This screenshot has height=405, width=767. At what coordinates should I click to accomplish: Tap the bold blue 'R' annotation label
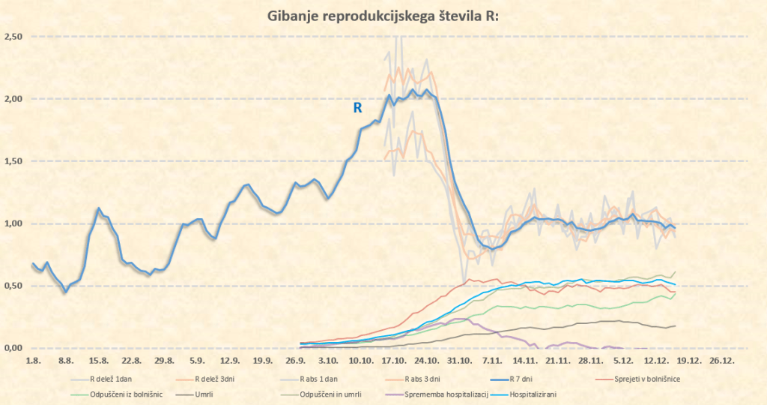[x=358, y=108]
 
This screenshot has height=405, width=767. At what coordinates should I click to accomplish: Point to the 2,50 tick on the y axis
[x=13, y=37]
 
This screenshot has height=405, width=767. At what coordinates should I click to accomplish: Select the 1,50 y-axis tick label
[x=13, y=161]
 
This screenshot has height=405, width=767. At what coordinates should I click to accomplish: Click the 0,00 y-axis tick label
[x=13, y=348]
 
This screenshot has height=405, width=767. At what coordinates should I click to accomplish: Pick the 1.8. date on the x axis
[x=33, y=360]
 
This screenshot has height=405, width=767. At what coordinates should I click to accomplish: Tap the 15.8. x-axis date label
[x=98, y=360]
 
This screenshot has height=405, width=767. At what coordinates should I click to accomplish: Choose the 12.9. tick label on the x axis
[x=229, y=360]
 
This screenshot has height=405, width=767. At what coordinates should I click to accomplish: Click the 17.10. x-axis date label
[x=393, y=360]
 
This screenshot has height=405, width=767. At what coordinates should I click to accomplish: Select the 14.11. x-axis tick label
[x=524, y=360]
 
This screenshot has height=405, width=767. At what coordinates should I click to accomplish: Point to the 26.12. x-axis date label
[x=721, y=360]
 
